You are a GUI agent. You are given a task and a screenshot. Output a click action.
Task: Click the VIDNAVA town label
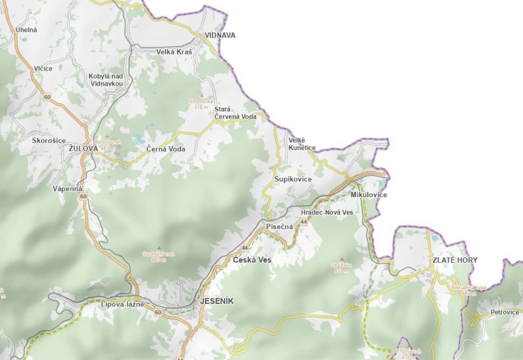point(220,35)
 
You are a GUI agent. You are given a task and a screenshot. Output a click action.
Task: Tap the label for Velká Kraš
point(174,52)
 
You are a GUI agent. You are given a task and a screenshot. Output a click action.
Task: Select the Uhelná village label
point(26,30)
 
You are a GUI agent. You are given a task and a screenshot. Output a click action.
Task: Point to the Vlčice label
point(43,68)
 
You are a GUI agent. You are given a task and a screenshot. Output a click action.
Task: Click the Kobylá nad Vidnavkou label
point(106,80)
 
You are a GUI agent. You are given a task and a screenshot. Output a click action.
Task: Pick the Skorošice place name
point(49,140)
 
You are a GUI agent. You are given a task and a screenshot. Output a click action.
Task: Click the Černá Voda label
point(166,149)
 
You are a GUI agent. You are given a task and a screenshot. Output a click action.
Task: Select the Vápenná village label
point(68,189)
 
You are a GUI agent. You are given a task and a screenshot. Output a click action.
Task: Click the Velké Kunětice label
point(302,144)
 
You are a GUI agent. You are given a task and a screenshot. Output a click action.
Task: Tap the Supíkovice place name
point(293,179)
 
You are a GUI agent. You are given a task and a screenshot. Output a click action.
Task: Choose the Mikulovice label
point(369,195)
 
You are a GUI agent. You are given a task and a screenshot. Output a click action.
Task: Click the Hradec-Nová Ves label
point(327,212)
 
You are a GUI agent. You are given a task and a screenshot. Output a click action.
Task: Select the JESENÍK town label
point(217,301)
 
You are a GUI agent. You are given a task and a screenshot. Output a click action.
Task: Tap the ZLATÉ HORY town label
point(455,260)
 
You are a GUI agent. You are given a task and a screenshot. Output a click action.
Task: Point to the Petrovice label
point(505,312)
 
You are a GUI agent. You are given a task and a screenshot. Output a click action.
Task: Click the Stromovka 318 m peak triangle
point(201,95)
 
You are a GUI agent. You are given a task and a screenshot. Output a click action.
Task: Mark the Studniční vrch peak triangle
point(158,247)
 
